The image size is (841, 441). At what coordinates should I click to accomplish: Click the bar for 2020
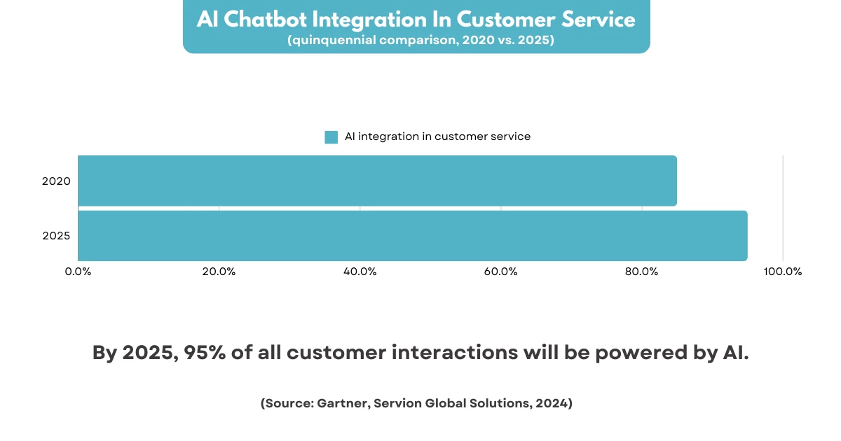(377, 181)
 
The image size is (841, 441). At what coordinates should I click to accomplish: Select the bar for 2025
(412, 235)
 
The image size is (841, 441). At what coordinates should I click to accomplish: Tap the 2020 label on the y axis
(56, 181)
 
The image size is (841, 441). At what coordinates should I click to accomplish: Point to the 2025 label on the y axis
(56, 236)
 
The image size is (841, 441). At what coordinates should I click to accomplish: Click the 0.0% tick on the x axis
(78, 272)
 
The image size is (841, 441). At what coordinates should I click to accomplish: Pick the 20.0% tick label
(219, 272)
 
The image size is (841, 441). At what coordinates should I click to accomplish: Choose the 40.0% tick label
(360, 272)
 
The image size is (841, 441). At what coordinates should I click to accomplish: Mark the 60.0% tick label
(501, 272)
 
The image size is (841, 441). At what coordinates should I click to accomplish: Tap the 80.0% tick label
(642, 272)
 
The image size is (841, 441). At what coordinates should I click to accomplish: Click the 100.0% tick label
(783, 272)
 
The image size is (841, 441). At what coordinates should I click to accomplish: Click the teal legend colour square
(331, 137)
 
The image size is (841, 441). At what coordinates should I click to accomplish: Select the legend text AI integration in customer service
(437, 136)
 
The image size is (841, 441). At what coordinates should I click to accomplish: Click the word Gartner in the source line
(344, 404)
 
